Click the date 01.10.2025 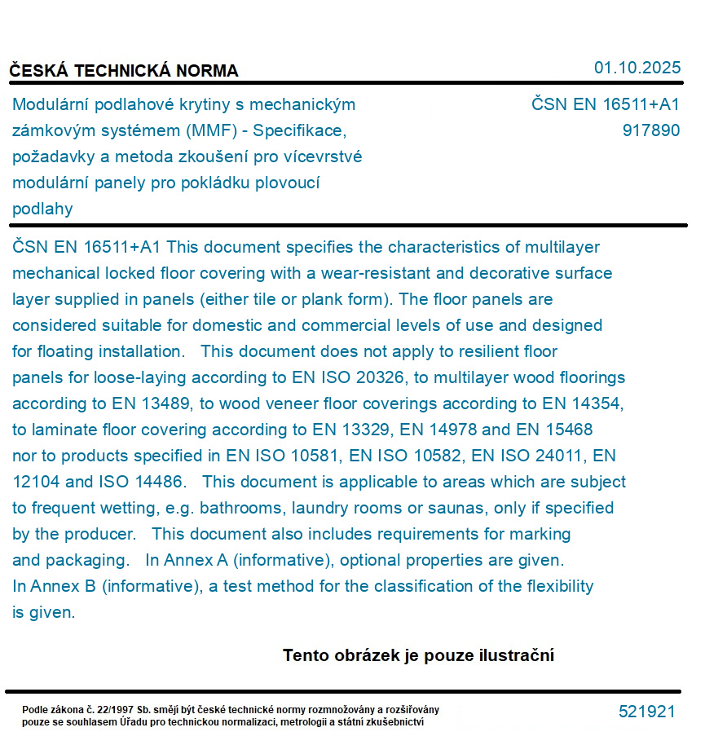[x=637, y=68]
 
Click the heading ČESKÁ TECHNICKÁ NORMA [x=124, y=71]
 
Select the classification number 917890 [x=650, y=130]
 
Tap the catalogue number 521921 [x=647, y=712]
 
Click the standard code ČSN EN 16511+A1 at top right [x=606, y=104]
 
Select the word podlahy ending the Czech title [x=42, y=209]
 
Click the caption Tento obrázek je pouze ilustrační [x=418, y=655]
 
